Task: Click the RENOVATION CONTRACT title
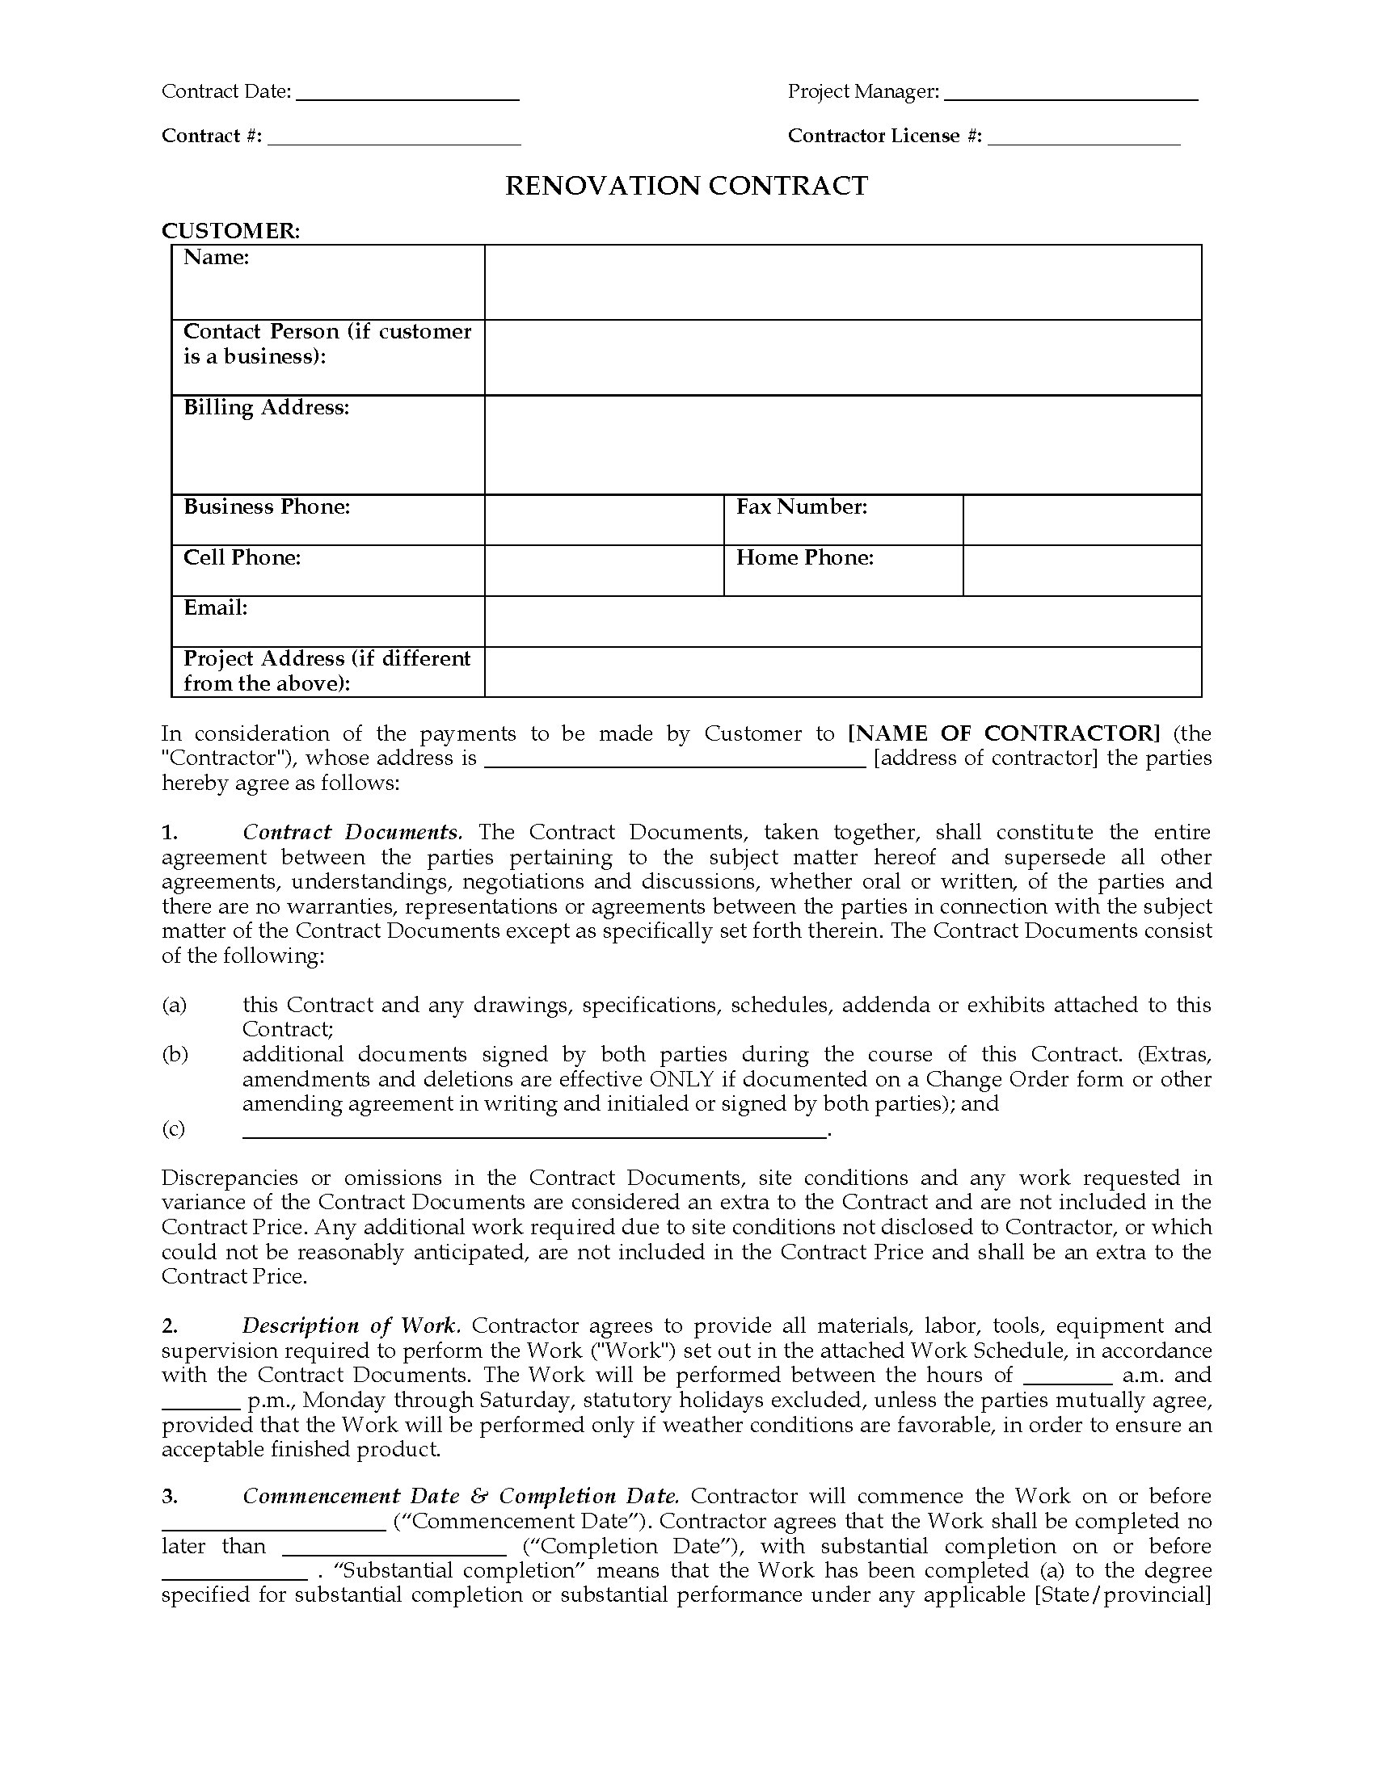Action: [686, 187]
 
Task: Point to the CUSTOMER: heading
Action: [230, 231]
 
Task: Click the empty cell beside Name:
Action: [842, 283]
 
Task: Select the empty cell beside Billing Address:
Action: [842, 445]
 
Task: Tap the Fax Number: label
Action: [802, 507]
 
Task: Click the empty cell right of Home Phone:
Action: [1081, 570]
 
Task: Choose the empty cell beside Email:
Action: [842, 622]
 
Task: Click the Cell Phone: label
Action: [242, 557]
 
